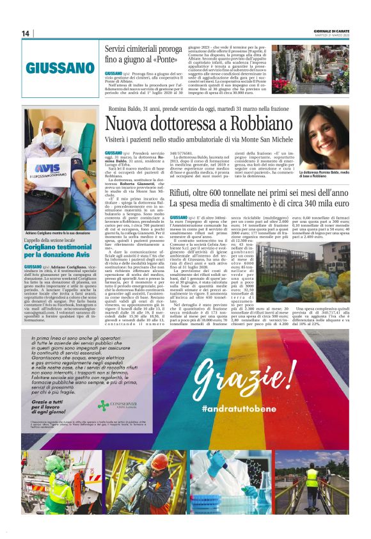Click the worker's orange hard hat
[55, 460]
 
